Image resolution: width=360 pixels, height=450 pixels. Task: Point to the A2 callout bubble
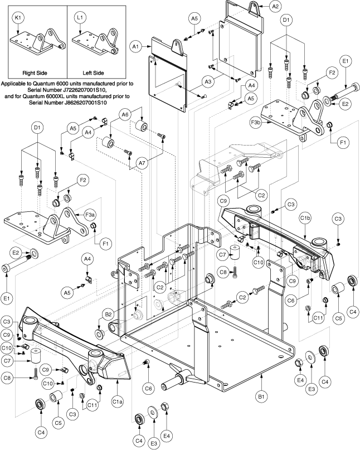(274, 7)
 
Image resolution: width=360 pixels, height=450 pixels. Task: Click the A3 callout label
(207, 82)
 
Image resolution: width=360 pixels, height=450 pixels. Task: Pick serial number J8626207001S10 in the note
(86, 103)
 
